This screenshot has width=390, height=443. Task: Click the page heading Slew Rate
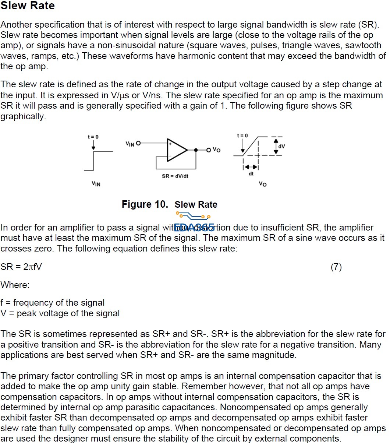pyautogui.click(x=28, y=6)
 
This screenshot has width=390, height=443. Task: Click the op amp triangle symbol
pyautogui.click(x=177, y=150)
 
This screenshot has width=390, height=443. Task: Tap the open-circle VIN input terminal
pyautogui.click(x=138, y=143)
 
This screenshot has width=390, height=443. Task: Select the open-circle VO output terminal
pyautogui.click(x=209, y=150)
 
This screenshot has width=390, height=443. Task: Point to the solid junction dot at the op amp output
pyautogui.click(x=196, y=150)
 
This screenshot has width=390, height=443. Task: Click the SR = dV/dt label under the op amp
pyautogui.click(x=175, y=176)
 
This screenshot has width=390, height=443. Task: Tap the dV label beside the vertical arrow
pyautogui.click(x=281, y=146)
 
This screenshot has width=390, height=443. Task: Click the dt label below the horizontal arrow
pyautogui.click(x=251, y=174)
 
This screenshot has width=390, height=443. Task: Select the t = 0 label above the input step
pyautogui.click(x=93, y=137)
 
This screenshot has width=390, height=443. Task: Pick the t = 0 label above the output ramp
pyautogui.click(x=242, y=136)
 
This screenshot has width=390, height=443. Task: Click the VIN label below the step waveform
pyautogui.click(x=96, y=184)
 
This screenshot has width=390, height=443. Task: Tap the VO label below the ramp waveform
pyautogui.click(x=263, y=184)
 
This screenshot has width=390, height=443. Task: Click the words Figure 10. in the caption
pyautogui.click(x=145, y=204)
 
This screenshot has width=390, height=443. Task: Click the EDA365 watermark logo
pyautogui.click(x=194, y=222)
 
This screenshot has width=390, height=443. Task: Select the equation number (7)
pyautogui.click(x=336, y=267)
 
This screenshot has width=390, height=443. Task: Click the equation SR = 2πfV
pyautogui.click(x=21, y=267)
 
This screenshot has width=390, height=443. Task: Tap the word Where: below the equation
pyautogui.click(x=15, y=285)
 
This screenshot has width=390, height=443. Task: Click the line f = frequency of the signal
pyautogui.click(x=53, y=303)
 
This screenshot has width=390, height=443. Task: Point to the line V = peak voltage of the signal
pyautogui.click(x=60, y=313)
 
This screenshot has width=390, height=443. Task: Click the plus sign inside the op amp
pyautogui.click(x=170, y=144)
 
